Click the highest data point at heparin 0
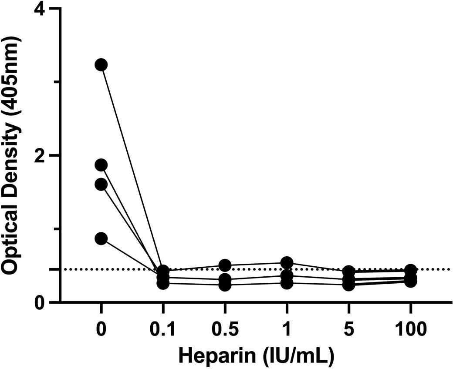101,65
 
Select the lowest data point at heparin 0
101,238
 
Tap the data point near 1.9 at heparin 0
101,165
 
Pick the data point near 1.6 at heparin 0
101,184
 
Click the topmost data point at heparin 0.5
225,265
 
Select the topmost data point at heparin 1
287,262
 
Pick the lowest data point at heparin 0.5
225,285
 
